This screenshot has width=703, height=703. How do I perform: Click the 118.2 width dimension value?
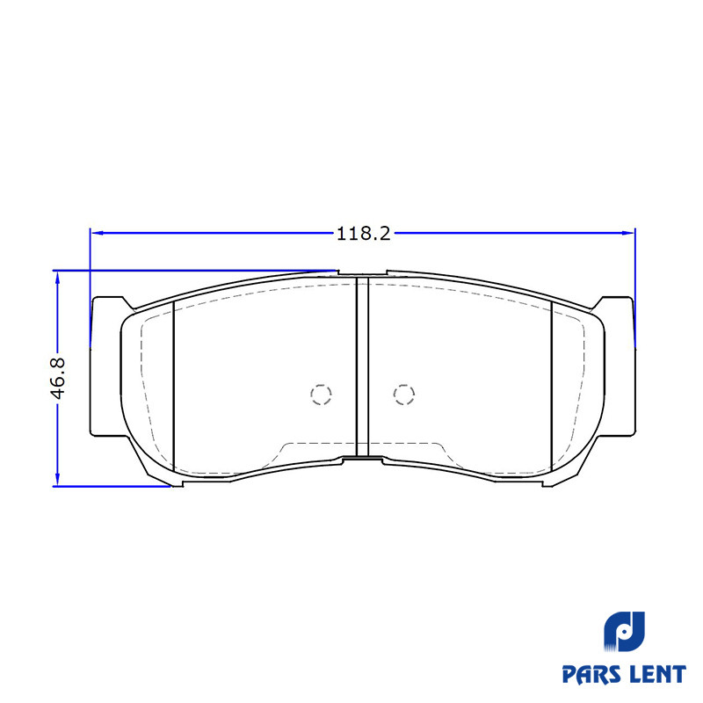(x=364, y=234)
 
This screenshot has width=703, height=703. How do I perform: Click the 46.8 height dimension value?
(x=58, y=379)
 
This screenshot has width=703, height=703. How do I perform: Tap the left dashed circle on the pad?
(x=321, y=395)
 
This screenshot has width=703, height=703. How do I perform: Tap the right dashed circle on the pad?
(x=404, y=395)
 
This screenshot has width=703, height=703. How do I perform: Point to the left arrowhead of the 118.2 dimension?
(x=98, y=233)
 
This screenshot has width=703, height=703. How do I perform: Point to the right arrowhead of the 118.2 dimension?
(x=628, y=233)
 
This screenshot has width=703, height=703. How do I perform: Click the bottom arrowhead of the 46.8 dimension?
(x=57, y=479)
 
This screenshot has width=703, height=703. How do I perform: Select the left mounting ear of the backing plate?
(x=106, y=366)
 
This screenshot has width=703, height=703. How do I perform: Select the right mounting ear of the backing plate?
(x=620, y=366)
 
